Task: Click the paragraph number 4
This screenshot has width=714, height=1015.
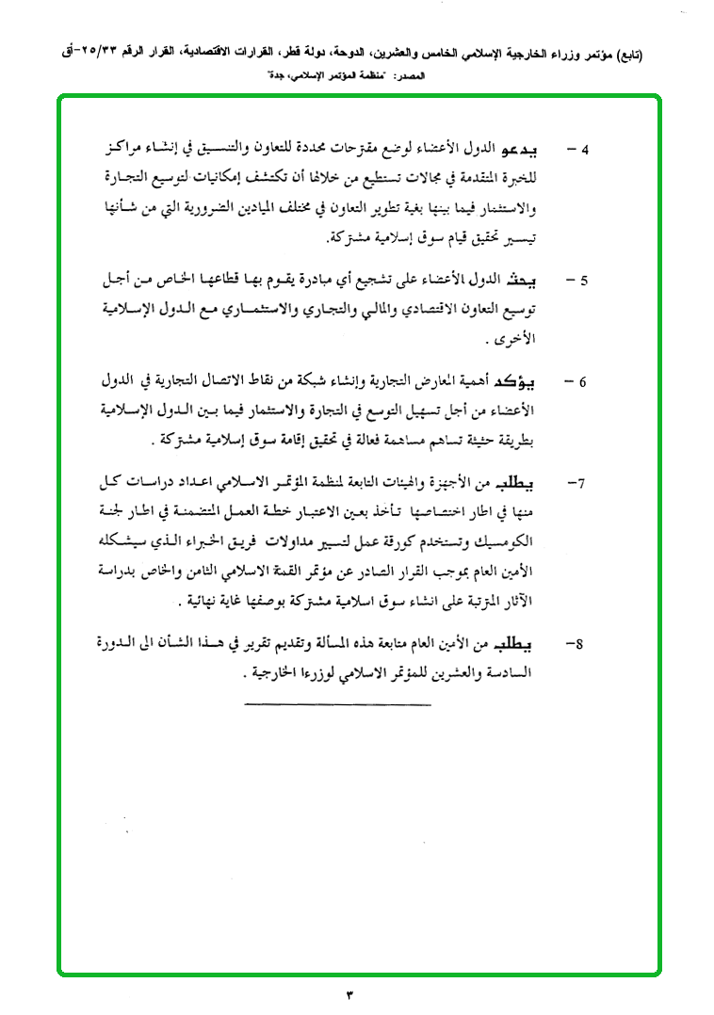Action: tap(583, 151)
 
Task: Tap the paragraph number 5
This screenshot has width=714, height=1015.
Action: tap(583, 281)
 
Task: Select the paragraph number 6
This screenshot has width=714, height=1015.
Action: tap(583, 382)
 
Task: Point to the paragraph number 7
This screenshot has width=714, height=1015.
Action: tap(581, 484)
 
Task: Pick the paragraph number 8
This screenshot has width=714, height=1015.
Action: tap(581, 645)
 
